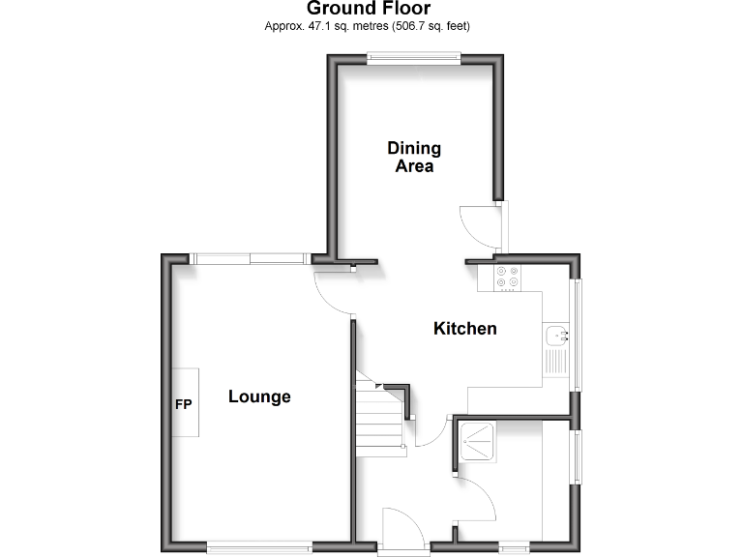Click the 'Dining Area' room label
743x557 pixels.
(414, 157)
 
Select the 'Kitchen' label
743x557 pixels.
(464, 329)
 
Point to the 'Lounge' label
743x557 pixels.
(259, 396)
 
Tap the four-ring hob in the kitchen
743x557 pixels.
(507, 278)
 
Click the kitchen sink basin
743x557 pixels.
(556, 336)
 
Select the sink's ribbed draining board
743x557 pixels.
(556, 364)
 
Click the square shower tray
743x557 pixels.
(477, 443)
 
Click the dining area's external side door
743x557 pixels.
(480, 227)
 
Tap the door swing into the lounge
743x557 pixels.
(332, 289)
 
